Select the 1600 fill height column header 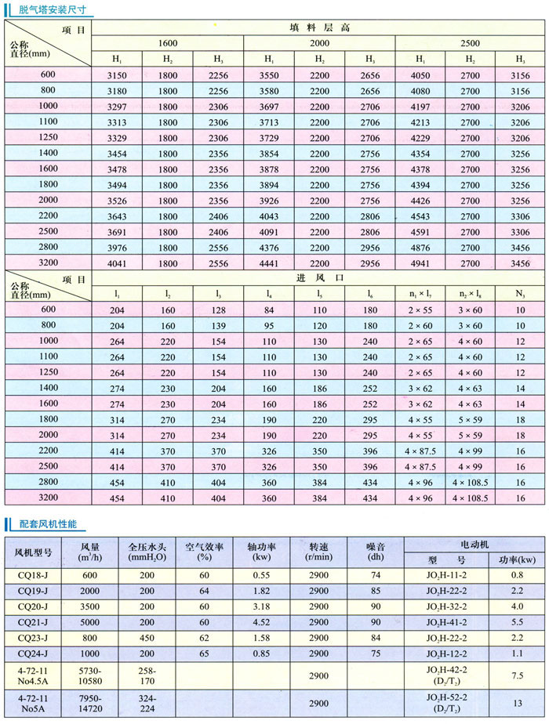[x=167, y=43]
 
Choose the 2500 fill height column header [x=470, y=43]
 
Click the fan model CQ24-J [x=33, y=652]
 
